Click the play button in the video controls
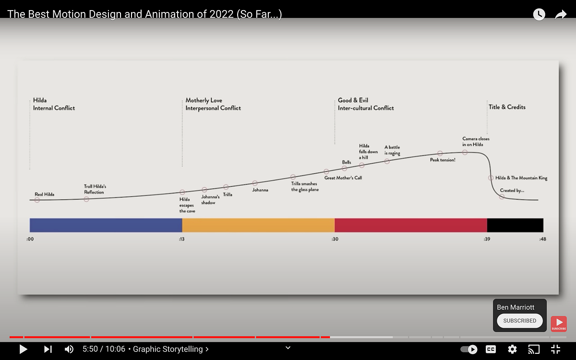[x=23, y=349]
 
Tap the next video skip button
[x=48, y=349]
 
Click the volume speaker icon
[x=69, y=349]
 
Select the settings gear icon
[x=512, y=349]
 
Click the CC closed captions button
[x=491, y=349]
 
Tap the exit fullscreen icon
[x=555, y=349]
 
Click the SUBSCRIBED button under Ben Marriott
[x=520, y=321]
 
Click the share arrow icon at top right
[x=561, y=14]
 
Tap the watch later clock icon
[x=539, y=14]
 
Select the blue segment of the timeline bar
[x=106, y=225]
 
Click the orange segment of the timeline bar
[x=258, y=225]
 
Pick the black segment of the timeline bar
[x=515, y=225]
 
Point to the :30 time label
[x=335, y=239]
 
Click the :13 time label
[x=181, y=239]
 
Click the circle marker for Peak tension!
[x=440, y=153]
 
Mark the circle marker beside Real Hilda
[x=37, y=200]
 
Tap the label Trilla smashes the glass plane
[x=305, y=186]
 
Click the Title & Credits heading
[x=507, y=107]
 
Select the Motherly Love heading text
[x=204, y=100]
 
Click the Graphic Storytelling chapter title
[x=168, y=349]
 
